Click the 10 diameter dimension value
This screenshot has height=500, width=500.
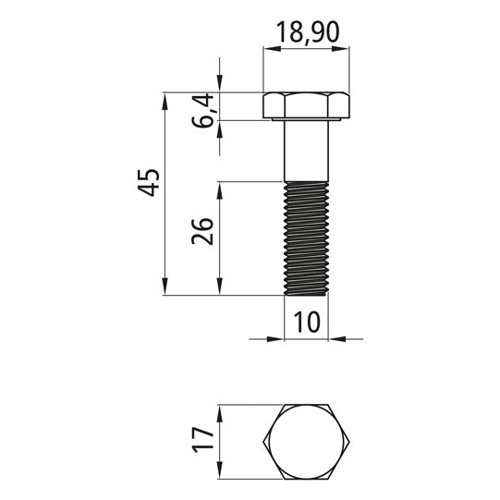tap(306, 323)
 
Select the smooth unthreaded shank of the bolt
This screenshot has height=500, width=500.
tap(306, 151)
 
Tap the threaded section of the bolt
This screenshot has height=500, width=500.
tap(306, 238)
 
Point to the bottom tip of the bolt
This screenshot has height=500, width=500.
tap(306, 293)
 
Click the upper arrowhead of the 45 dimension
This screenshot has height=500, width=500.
tap(164, 98)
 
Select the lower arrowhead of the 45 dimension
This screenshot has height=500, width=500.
tap(164, 289)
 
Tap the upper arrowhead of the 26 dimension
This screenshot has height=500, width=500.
tap(219, 188)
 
